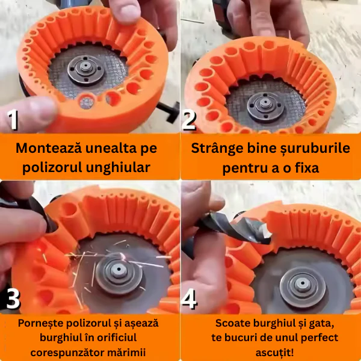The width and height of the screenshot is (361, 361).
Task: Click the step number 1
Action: (13, 119)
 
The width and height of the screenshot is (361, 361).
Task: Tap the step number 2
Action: (189, 120)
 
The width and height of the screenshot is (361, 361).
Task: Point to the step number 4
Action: (189, 298)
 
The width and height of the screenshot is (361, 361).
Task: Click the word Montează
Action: (49, 148)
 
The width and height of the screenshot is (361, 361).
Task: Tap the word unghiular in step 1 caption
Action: (118, 167)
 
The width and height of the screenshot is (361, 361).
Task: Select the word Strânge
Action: (217, 149)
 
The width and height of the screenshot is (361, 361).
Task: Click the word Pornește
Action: (40, 324)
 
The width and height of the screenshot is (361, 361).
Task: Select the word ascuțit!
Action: (274, 353)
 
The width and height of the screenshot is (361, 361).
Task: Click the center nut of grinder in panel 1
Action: (85, 67)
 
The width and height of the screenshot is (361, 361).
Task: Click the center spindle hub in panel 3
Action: (119, 270)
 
